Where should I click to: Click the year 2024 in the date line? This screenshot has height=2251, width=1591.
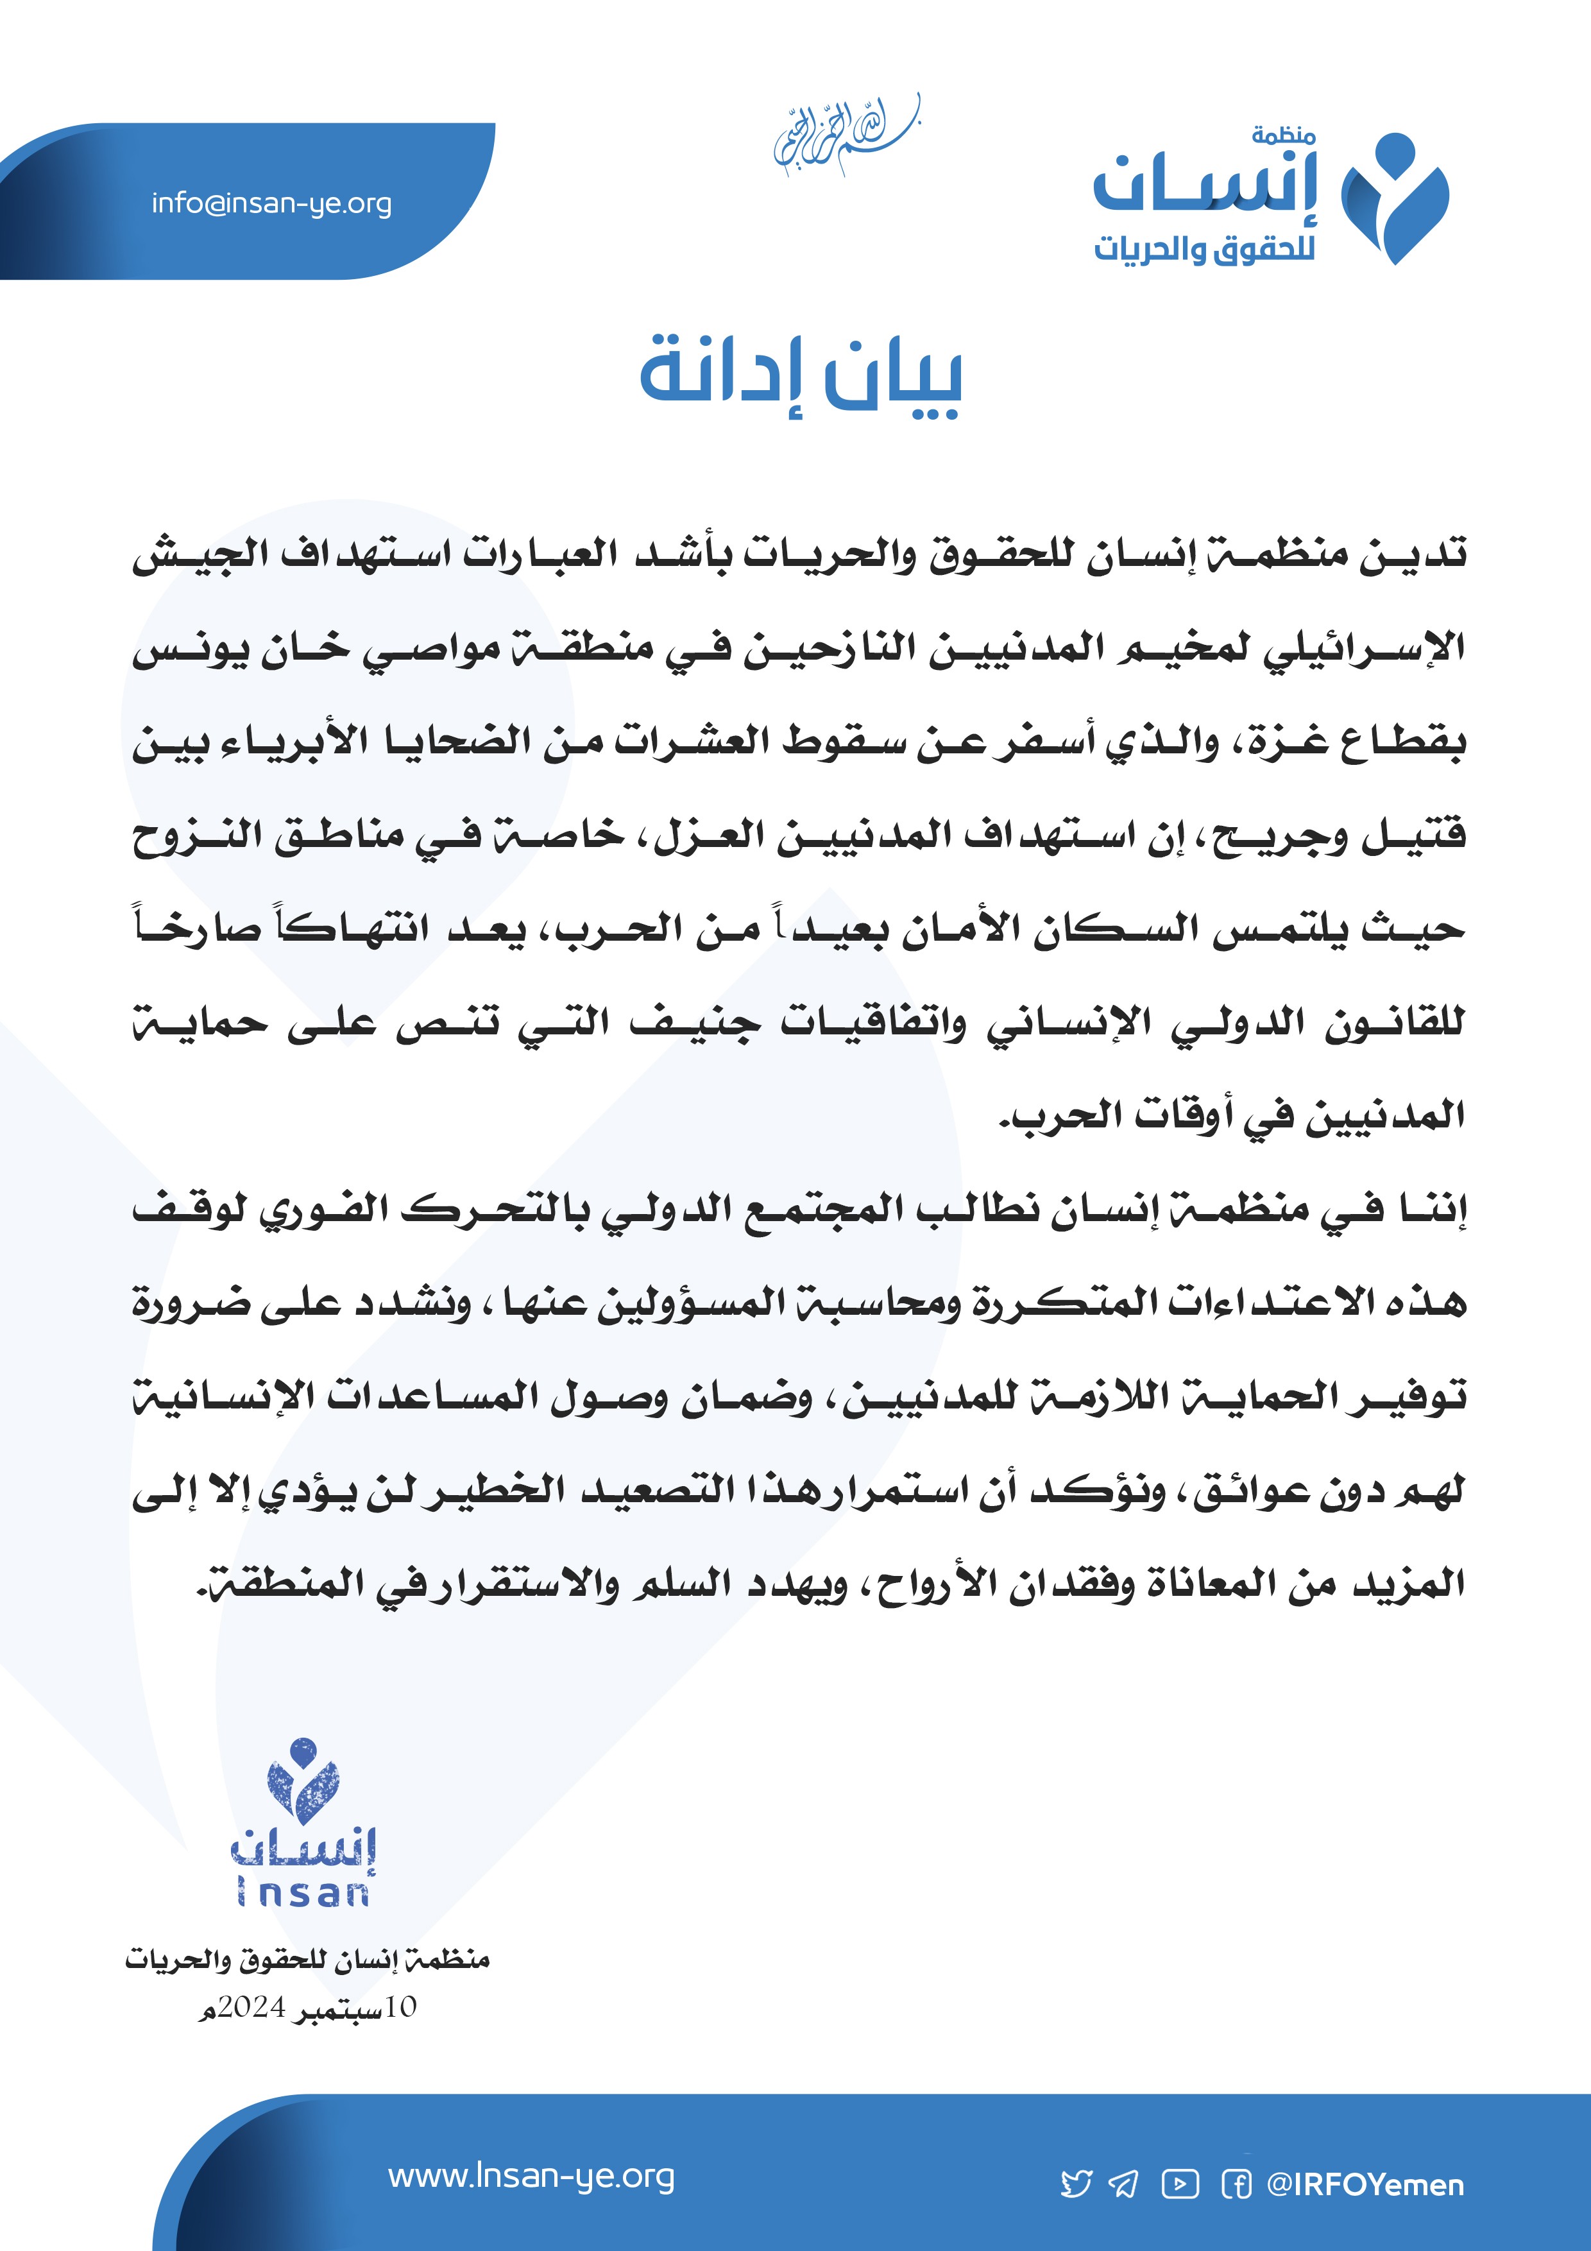coord(251,2007)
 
